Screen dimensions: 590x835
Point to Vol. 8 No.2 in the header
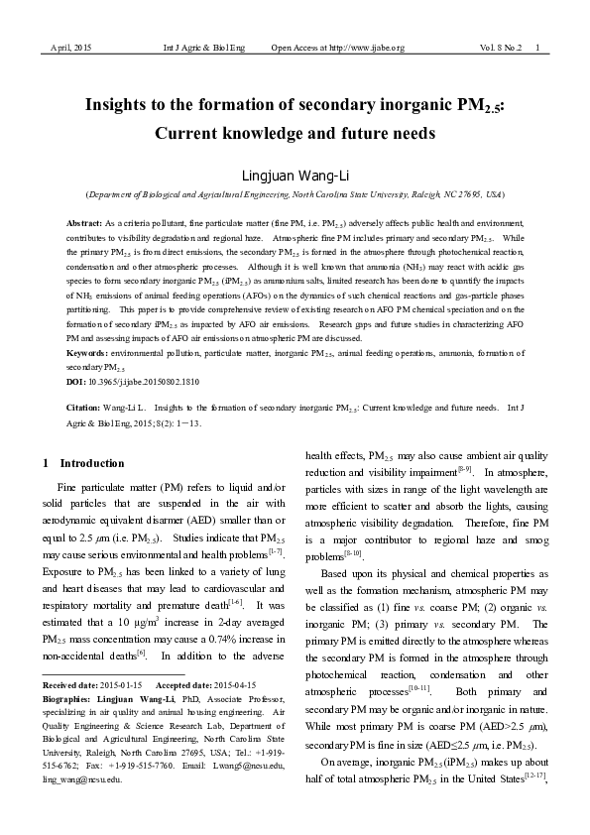point(501,48)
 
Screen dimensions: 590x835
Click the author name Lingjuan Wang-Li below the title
point(295,176)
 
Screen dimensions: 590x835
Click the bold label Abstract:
point(83,225)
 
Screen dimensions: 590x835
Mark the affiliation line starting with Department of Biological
point(295,195)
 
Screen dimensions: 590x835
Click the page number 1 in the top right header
point(537,48)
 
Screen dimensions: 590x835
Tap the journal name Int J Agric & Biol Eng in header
point(203,48)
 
